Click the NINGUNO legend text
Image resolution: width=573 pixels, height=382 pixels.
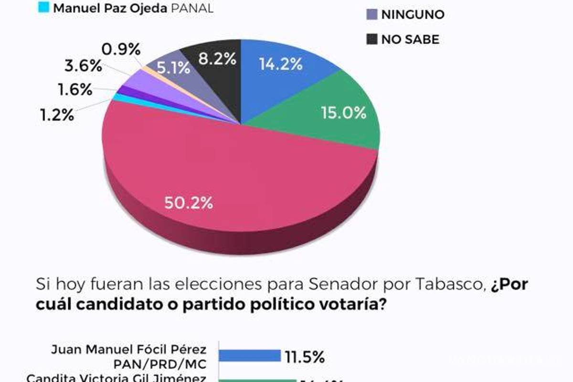(x=412, y=15)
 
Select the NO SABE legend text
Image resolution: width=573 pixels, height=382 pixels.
(x=410, y=40)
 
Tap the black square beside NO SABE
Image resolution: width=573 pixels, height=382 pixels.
(x=371, y=39)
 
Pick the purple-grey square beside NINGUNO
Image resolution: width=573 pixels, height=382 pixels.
(x=371, y=14)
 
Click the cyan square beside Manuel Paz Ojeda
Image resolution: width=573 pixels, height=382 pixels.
(x=43, y=8)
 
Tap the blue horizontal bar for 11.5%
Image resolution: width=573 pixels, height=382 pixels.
(x=249, y=356)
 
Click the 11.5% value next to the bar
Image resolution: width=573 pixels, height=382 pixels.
(x=306, y=356)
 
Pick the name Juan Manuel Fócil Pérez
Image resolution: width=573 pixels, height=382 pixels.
(x=128, y=349)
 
